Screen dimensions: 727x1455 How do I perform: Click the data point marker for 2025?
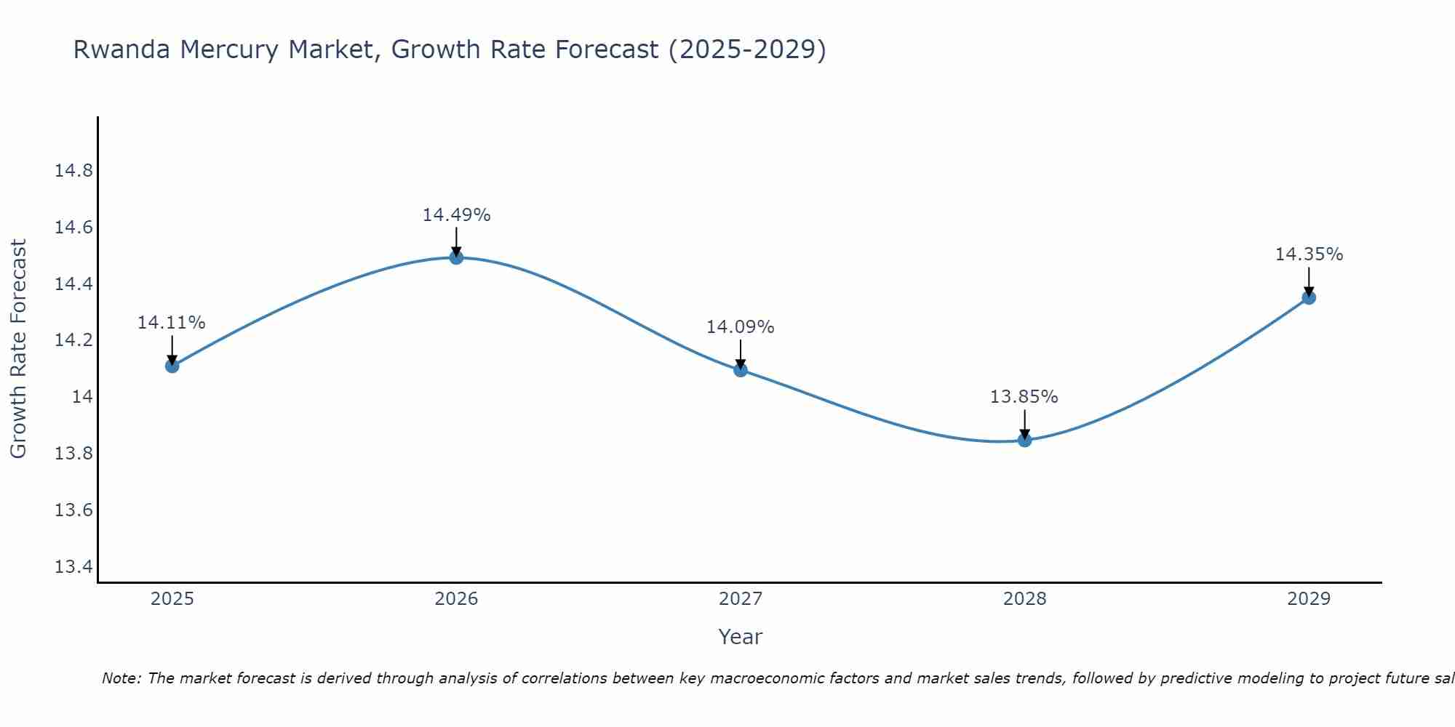(x=172, y=366)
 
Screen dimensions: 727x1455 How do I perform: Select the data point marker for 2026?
(x=456, y=257)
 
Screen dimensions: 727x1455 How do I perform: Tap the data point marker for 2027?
(x=741, y=370)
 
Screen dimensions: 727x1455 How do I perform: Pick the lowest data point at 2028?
(x=1024, y=440)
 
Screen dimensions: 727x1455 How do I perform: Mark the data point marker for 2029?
(x=1309, y=297)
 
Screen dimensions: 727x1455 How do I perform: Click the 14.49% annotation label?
(x=456, y=215)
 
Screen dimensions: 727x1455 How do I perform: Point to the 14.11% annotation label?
(x=172, y=323)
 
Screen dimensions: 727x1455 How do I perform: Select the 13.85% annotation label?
(x=1024, y=397)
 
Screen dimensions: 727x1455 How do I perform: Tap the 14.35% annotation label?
(x=1309, y=254)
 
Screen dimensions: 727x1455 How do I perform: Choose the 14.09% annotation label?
(x=740, y=327)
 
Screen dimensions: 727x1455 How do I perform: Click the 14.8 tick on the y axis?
(x=73, y=171)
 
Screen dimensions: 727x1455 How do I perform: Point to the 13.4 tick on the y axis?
(x=73, y=566)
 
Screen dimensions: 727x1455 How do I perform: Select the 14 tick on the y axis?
(x=82, y=397)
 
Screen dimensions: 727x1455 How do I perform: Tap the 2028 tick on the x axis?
(x=1024, y=599)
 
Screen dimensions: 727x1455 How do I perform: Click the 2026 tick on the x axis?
(x=456, y=599)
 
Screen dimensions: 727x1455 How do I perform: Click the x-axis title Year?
(x=740, y=637)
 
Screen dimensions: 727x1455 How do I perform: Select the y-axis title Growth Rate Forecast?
(x=18, y=349)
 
